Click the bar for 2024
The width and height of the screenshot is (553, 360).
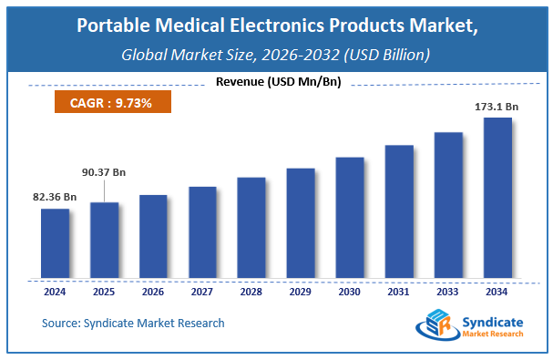[x=56, y=242]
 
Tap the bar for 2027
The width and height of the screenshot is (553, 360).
[x=202, y=231]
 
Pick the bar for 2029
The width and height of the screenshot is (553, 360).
[x=300, y=222]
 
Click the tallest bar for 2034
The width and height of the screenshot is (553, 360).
[x=497, y=197]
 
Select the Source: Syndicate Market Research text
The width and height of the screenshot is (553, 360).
[x=133, y=323]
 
